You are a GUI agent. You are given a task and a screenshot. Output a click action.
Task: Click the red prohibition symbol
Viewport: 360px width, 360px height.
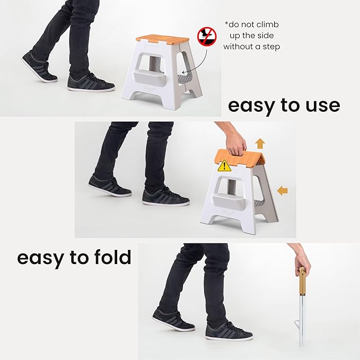tap(207, 36)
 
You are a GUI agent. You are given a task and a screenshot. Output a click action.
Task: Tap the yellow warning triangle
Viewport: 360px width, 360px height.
tap(224, 166)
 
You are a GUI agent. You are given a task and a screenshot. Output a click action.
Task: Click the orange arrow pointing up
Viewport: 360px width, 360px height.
tap(260, 144)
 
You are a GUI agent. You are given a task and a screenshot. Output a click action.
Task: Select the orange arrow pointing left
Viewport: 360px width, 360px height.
tap(282, 190)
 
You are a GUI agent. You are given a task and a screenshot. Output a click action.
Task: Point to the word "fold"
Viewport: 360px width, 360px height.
tap(112, 257)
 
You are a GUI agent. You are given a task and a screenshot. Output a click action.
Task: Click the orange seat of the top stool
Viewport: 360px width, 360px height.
tap(163, 40)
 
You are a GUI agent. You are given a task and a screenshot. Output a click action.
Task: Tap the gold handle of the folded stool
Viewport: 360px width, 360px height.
tap(302, 281)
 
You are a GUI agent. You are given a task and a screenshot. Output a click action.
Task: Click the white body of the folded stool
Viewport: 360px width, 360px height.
tap(302, 321)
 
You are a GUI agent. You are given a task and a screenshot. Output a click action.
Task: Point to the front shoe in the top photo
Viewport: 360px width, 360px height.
tap(91, 83)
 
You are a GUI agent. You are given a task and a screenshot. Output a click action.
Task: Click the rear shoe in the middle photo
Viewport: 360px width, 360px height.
tap(110, 186)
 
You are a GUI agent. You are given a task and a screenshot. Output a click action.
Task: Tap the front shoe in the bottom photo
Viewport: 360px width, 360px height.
tap(229, 331)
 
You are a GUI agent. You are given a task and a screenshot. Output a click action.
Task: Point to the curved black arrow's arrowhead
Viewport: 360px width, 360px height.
tap(183, 73)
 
